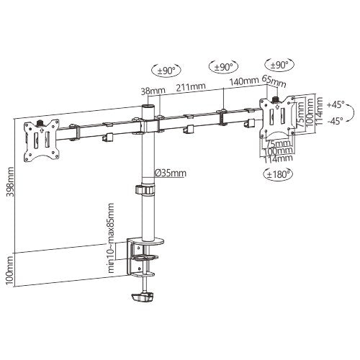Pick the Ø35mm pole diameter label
point(170,173)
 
